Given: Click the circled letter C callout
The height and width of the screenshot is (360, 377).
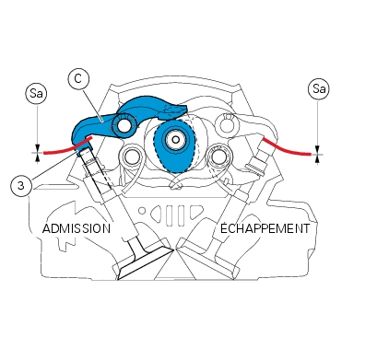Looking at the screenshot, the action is coord(78,79).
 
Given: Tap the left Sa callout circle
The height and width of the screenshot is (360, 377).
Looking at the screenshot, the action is coord(37,93).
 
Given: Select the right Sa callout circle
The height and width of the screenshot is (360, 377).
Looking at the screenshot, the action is coord(319,89).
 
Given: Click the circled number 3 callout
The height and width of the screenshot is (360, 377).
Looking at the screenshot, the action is coord(20,185).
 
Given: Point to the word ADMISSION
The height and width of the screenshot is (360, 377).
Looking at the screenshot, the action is coord(77,228).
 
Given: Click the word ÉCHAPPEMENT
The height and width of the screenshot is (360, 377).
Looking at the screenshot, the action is coord(265,228).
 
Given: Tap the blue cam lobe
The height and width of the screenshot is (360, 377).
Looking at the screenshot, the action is coord(174,146).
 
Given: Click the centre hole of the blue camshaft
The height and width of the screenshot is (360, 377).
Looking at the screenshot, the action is coord(175,140).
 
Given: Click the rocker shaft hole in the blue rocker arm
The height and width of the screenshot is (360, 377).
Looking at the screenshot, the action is coord(124,124).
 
